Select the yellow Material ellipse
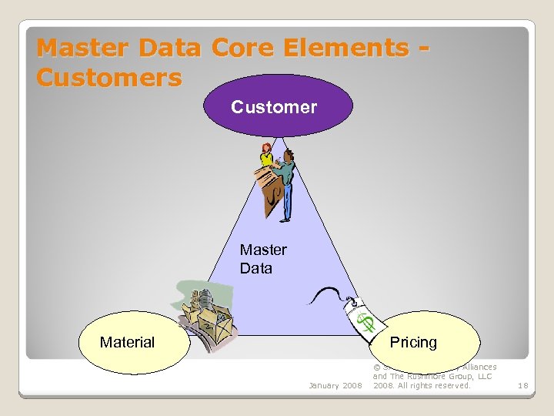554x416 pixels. pyautogui.click(x=135, y=342)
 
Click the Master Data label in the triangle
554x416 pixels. pyautogui.click(x=262, y=259)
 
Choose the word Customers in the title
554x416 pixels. pyautogui.click(x=109, y=78)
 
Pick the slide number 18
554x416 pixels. pyautogui.click(x=523, y=385)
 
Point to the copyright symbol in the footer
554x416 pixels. pyautogui.click(x=376, y=367)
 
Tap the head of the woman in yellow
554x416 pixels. pyautogui.click(x=267, y=147)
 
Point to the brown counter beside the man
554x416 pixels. pyautogui.click(x=269, y=189)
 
